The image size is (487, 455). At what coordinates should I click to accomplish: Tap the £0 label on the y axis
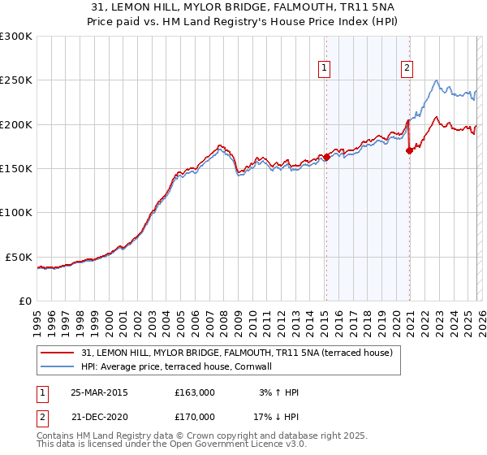(24, 301)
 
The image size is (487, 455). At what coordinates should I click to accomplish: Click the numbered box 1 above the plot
(324, 69)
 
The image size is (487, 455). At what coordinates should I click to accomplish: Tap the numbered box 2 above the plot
(407, 69)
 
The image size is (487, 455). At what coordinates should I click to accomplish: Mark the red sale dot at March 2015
(326, 157)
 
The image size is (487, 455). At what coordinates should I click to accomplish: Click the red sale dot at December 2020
(409, 150)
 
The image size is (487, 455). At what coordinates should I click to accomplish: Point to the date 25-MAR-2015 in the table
(98, 392)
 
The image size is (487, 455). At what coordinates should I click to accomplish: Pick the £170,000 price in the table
(194, 417)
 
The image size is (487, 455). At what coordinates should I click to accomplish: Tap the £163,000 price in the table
(194, 392)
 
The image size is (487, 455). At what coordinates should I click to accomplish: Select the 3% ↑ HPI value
(278, 392)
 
